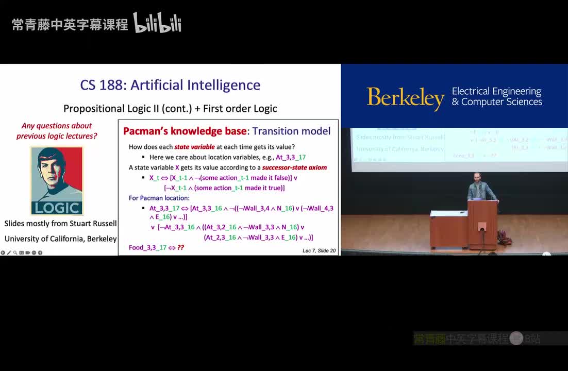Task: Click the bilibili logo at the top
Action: tap(157, 23)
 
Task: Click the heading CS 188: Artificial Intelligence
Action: tap(170, 85)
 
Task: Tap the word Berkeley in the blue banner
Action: tap(405, 97)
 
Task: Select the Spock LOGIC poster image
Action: tap(57, 180)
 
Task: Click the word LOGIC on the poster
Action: tap(57, 208)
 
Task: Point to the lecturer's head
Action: tap(477, 177)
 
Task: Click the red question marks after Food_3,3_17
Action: tap(180, 248)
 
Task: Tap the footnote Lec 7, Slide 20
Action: tap(319, 250)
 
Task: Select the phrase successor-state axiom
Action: tap(294, 167)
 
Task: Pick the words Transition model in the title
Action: tap(291, 131)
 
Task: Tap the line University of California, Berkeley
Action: tap(61, 239)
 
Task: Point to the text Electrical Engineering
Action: tap(496, 91)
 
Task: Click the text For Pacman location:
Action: tap(159, 198)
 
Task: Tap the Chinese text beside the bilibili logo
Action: tap(70, 24)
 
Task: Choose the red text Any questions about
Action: tap(57, 126)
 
